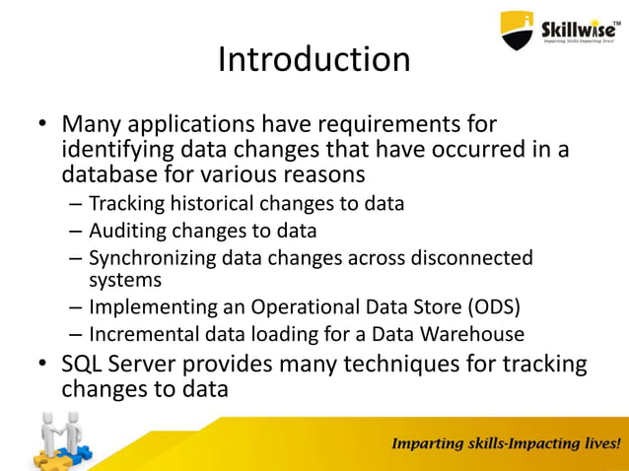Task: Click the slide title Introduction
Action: [314, 60]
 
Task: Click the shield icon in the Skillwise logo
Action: [518, 31]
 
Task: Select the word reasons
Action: [317, 174]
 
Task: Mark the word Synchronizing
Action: [151, 258]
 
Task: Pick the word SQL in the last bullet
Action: [84, 365]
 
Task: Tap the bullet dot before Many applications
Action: [42, 127]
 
